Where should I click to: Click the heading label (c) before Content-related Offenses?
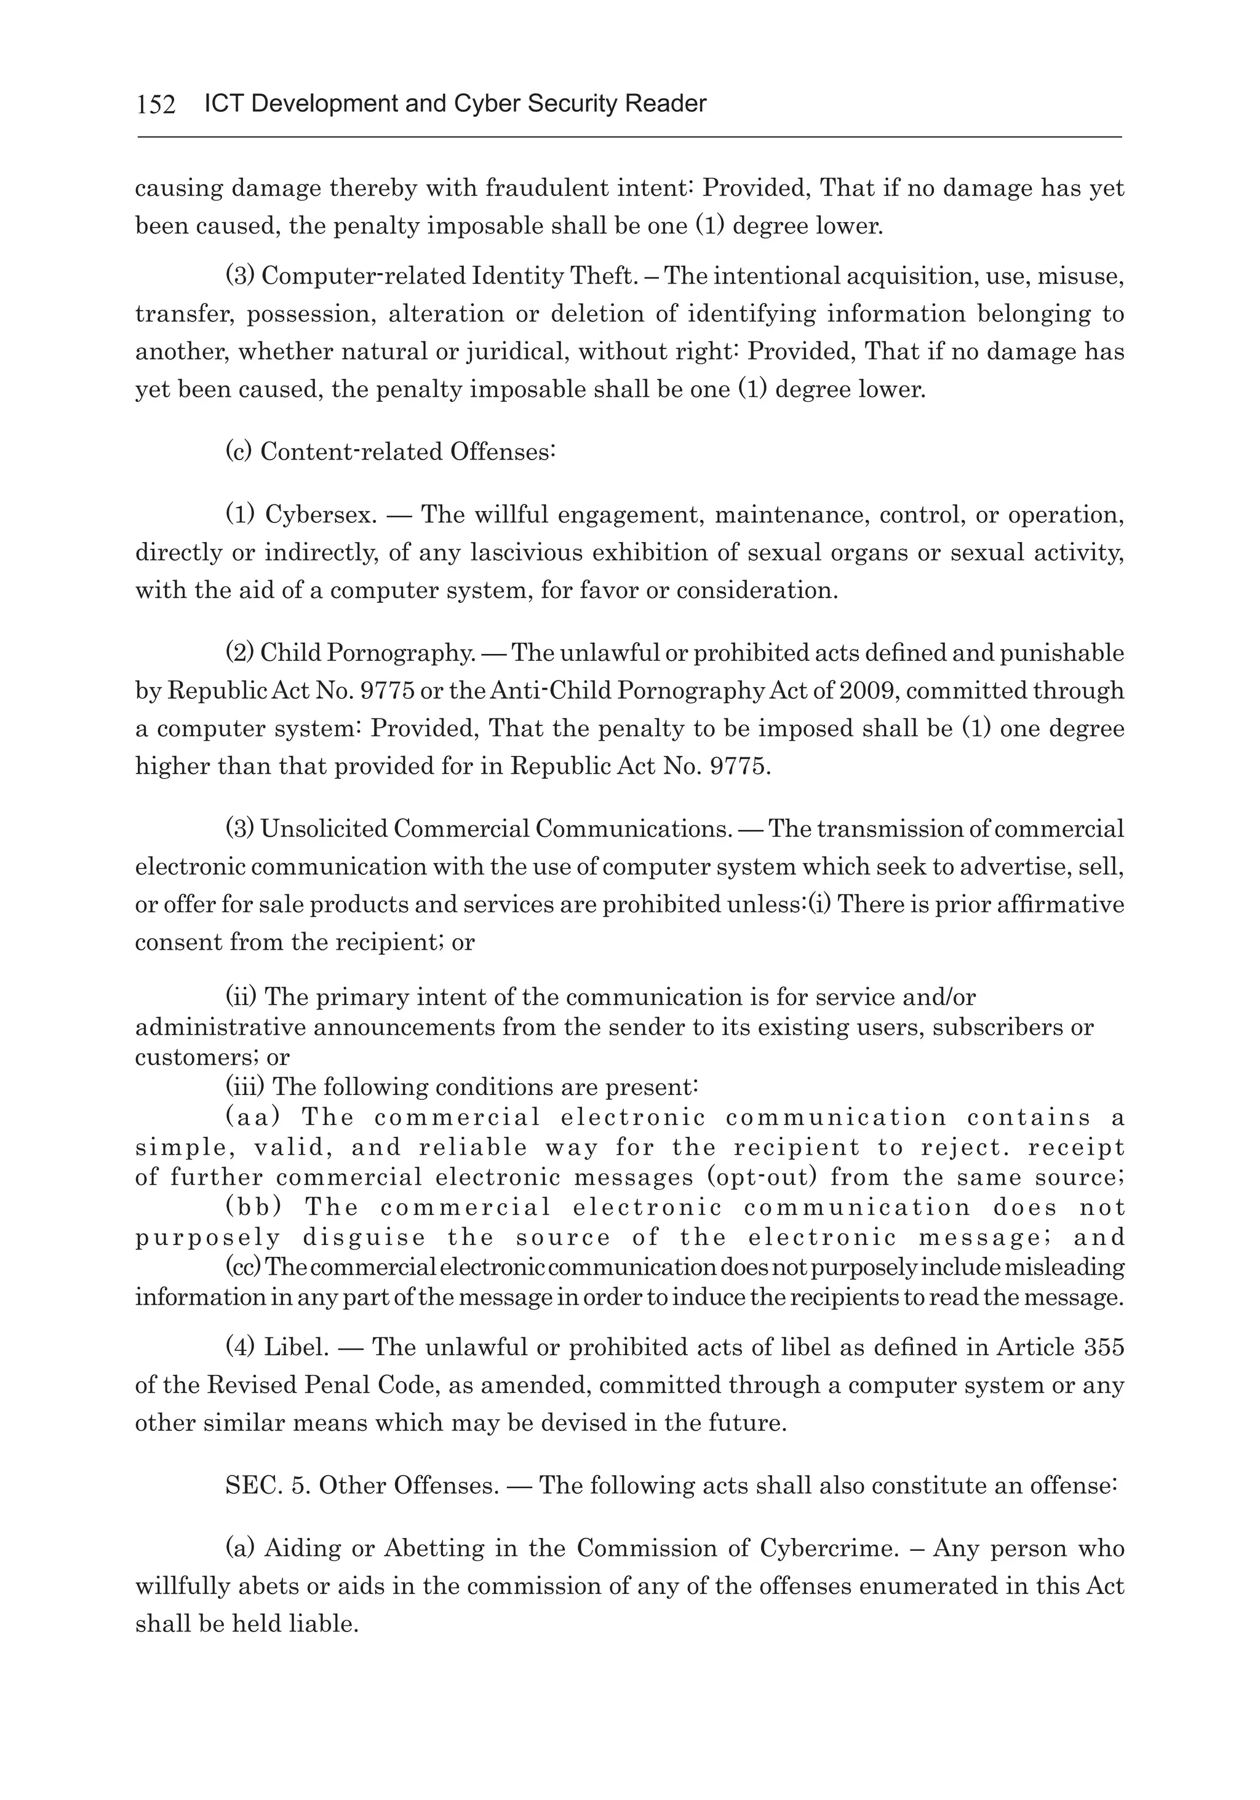tap(238, 452)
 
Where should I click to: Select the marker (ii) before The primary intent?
tap(240, 997)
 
